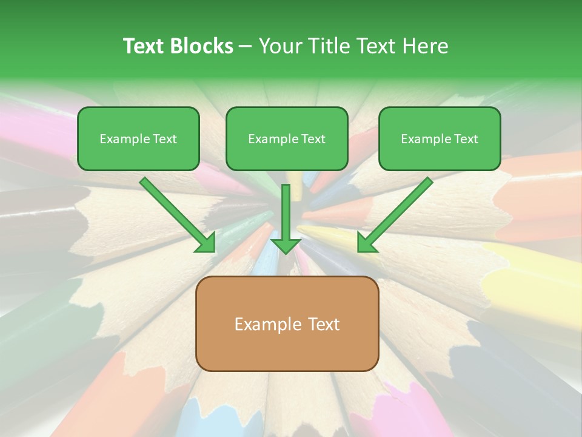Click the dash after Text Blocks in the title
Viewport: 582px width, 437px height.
[246, 47]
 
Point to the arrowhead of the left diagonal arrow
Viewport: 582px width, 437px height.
[206, 242]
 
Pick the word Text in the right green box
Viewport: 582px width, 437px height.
[466, 139]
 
